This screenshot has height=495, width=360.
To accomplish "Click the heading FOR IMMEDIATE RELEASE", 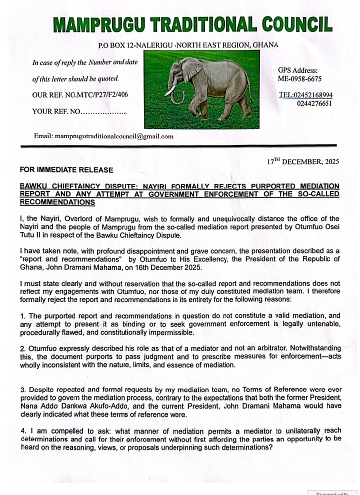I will tap(66, 170).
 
